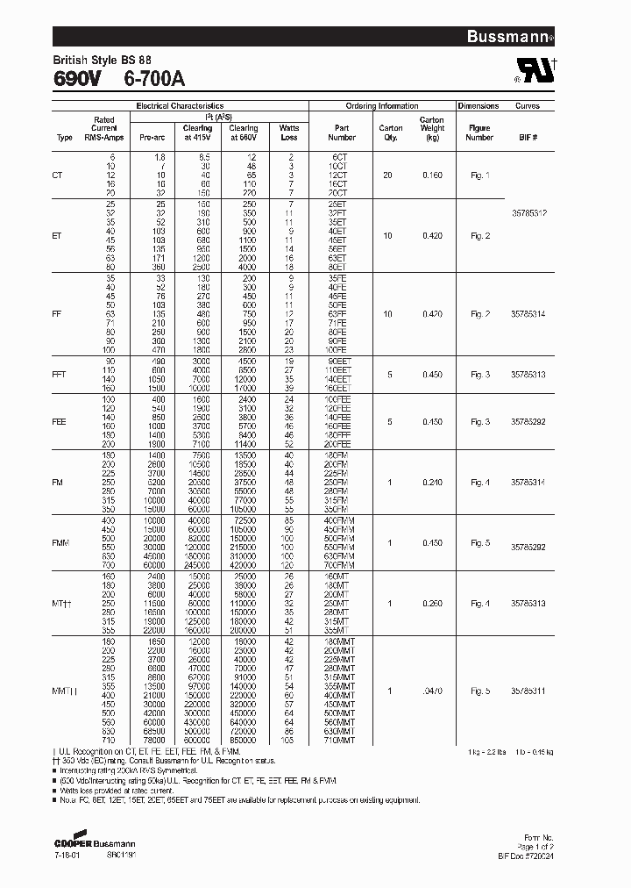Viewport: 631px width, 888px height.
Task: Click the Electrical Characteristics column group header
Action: [x=180, y=105]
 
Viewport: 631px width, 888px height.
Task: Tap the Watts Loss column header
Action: [x=289, y=132]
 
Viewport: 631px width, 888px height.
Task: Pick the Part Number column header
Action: [x=342, y=132]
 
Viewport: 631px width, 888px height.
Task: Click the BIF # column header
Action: [x=528, y=138]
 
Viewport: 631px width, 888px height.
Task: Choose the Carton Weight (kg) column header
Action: [x=431, y=128]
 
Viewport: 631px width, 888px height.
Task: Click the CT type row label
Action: [x=59, y=175]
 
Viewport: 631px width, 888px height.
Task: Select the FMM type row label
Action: [x=61, y=543]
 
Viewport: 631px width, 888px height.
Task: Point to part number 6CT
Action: [x=341, y=155]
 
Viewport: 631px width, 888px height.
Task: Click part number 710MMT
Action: [x=341, y=740]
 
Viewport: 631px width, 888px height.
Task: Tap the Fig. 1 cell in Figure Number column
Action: [x=479, y=175]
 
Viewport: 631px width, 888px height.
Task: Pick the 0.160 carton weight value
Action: [x=432, y=175]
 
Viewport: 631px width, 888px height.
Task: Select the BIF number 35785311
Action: [x=528, y=691]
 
